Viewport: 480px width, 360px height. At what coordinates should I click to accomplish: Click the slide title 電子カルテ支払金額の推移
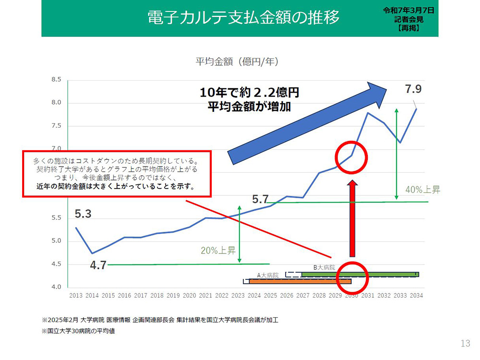243,17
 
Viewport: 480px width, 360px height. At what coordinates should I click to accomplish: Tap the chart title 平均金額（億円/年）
237,62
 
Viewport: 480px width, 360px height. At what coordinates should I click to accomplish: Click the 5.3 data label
83,214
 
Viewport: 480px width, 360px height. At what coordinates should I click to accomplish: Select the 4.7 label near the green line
98,265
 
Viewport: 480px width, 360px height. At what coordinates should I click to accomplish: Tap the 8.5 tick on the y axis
56,80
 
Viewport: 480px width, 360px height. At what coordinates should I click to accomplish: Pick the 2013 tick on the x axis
76,296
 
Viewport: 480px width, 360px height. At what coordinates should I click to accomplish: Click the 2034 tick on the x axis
415,296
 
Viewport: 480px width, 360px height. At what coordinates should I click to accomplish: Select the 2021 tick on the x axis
205,296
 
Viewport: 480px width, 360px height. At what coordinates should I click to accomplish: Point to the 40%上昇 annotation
422,190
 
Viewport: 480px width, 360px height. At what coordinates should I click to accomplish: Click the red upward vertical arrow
351,218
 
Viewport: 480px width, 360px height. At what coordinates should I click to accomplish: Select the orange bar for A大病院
300,281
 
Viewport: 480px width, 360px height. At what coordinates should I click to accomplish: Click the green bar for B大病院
360,275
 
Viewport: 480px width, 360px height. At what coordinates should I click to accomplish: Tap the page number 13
465,343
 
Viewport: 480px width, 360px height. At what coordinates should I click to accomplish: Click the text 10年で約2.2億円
252,93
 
